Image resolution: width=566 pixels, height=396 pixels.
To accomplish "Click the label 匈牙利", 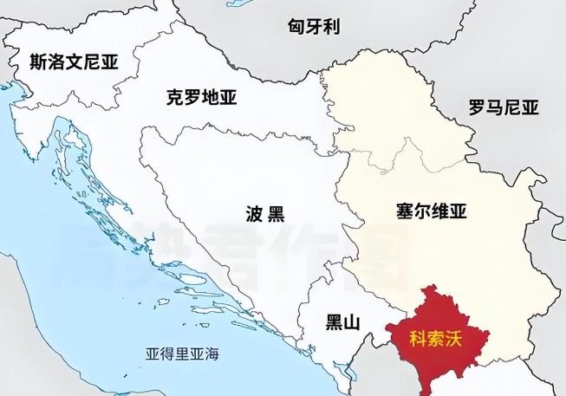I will (x=313, y=27).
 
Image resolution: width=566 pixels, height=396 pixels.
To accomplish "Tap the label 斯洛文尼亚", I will (x=74, y=62).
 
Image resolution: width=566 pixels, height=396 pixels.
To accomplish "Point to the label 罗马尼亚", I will (x=503, y=108).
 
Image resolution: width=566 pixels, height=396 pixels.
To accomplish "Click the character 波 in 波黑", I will (x=255, y=213).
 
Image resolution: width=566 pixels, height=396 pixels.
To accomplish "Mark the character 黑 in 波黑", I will (x=276, y=213).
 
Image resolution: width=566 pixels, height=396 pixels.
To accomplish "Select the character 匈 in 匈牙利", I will (x=296, y=27).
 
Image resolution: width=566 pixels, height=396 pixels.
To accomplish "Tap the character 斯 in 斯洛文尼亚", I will (x=37, y=62).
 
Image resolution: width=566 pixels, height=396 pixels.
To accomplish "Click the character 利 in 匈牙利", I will (x=331, y=27).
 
